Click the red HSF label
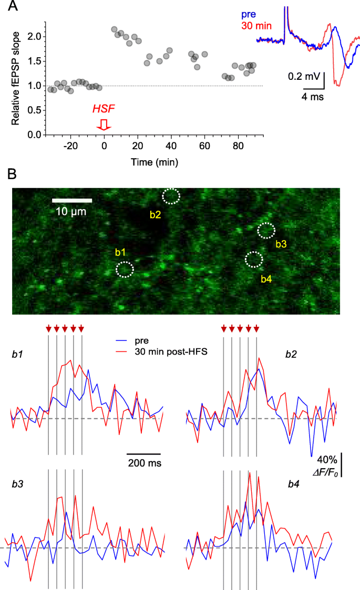click(x=104, y=109)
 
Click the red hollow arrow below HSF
click(x=104, y=124)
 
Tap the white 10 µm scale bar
click(x=72, y=200)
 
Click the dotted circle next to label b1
click(x=125, y=270)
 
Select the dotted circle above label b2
click(x=171, y=196)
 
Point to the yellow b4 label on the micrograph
click(x=266, y=279)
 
